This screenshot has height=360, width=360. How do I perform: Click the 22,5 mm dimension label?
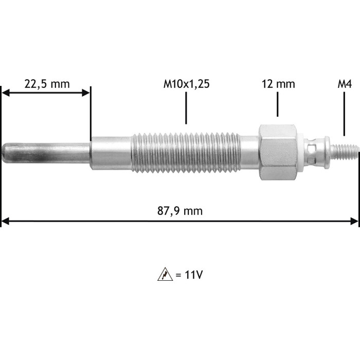[x=47, y=84]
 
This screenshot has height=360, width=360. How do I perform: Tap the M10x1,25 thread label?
[x=186, y=84]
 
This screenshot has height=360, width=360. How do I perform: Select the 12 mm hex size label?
[x=278, y=84]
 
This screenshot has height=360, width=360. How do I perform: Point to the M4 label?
[x=345, y=84]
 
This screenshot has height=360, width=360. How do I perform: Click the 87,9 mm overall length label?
[x=180, y=211]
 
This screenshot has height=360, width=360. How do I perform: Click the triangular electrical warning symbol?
[x=165, y=274]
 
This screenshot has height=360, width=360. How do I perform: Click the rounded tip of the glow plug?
[x=5, y=153]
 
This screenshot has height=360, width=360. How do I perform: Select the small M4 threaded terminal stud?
[x=345, y=152]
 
